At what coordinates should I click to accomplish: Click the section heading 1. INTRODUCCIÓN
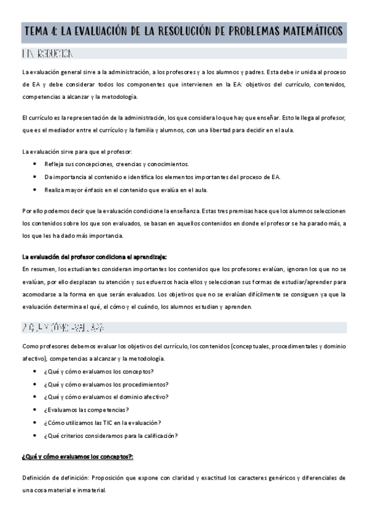[49, 54]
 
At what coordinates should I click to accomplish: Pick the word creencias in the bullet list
[123, 164]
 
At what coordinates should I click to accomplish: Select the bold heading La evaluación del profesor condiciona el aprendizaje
[94, 256]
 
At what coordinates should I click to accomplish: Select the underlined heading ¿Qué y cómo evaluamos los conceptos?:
[77, 457]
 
